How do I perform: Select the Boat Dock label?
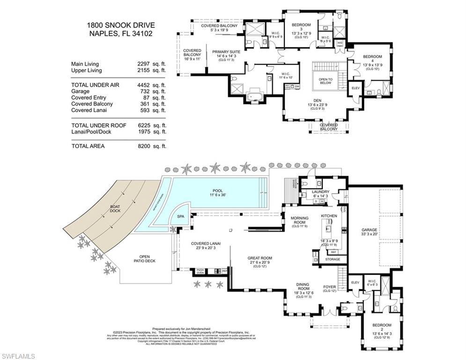[x=102, y=208]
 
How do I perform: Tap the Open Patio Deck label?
[x=144, y=258]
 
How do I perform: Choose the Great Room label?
[x=260, y=258]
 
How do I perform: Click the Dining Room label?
[x=303, y=286]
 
